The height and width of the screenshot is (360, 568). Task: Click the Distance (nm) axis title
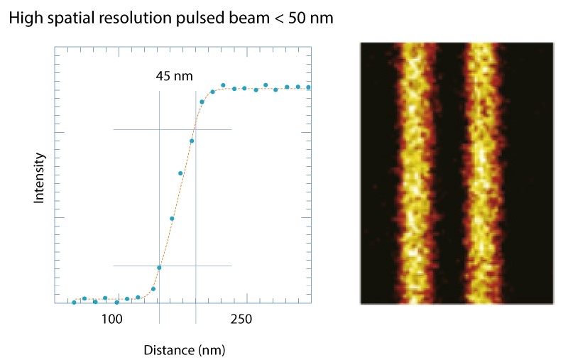coord(185,350)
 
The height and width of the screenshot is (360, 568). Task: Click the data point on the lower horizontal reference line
coord(159,267)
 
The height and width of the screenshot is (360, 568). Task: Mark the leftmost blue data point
coord(74,302)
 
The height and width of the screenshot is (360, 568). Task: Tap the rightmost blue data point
coord(310,87)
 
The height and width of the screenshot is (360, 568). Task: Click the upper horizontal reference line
coord(135,129)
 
